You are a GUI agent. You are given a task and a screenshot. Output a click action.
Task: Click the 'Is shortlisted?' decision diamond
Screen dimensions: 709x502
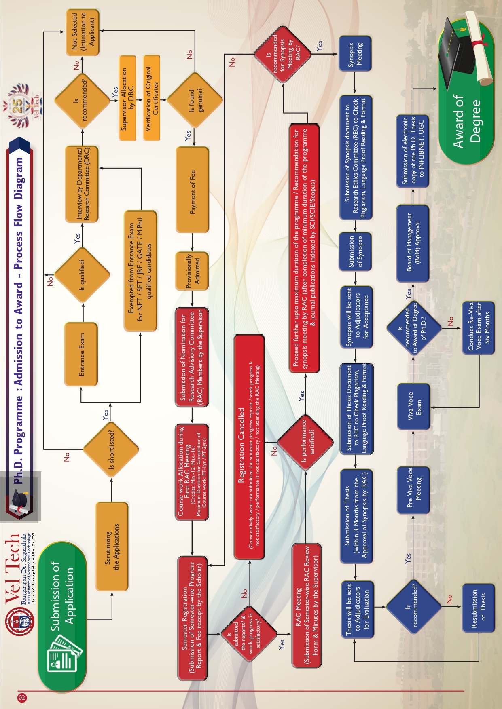111,449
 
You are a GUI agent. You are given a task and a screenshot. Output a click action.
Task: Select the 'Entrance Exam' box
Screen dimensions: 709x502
81,354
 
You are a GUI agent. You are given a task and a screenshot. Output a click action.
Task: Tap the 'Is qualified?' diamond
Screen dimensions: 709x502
82,275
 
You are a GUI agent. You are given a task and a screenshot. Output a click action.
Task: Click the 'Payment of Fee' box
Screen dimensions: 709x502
192,190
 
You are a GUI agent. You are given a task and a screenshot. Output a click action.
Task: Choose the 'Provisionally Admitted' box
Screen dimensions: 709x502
192,271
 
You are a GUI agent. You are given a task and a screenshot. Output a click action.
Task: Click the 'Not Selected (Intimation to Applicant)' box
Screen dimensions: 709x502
83,33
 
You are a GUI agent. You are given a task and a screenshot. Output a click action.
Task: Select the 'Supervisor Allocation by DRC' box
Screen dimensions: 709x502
128,99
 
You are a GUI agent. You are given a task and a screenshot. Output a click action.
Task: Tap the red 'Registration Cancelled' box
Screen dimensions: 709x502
249,446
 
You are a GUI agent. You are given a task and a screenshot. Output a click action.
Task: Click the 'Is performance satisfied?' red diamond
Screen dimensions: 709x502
305,442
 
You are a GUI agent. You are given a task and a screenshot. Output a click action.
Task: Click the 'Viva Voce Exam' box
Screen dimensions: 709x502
413,407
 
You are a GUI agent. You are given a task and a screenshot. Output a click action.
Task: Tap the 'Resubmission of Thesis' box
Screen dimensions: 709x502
478,608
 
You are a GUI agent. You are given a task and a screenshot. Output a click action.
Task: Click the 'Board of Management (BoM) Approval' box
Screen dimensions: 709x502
413,243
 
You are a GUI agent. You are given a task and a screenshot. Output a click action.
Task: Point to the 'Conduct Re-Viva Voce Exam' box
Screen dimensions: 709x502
478,327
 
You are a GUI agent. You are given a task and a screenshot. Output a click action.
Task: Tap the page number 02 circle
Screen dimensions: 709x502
22,698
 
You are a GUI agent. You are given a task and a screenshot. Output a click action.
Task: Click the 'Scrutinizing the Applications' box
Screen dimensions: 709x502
112,547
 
